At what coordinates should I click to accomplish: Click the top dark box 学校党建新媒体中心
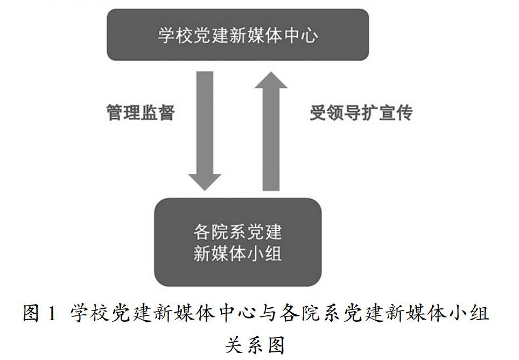237,35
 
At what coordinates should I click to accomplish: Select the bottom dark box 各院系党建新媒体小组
237,242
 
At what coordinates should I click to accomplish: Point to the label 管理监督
141,113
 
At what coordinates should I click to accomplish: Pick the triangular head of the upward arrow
270,83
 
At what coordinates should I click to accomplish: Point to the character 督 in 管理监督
166,113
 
